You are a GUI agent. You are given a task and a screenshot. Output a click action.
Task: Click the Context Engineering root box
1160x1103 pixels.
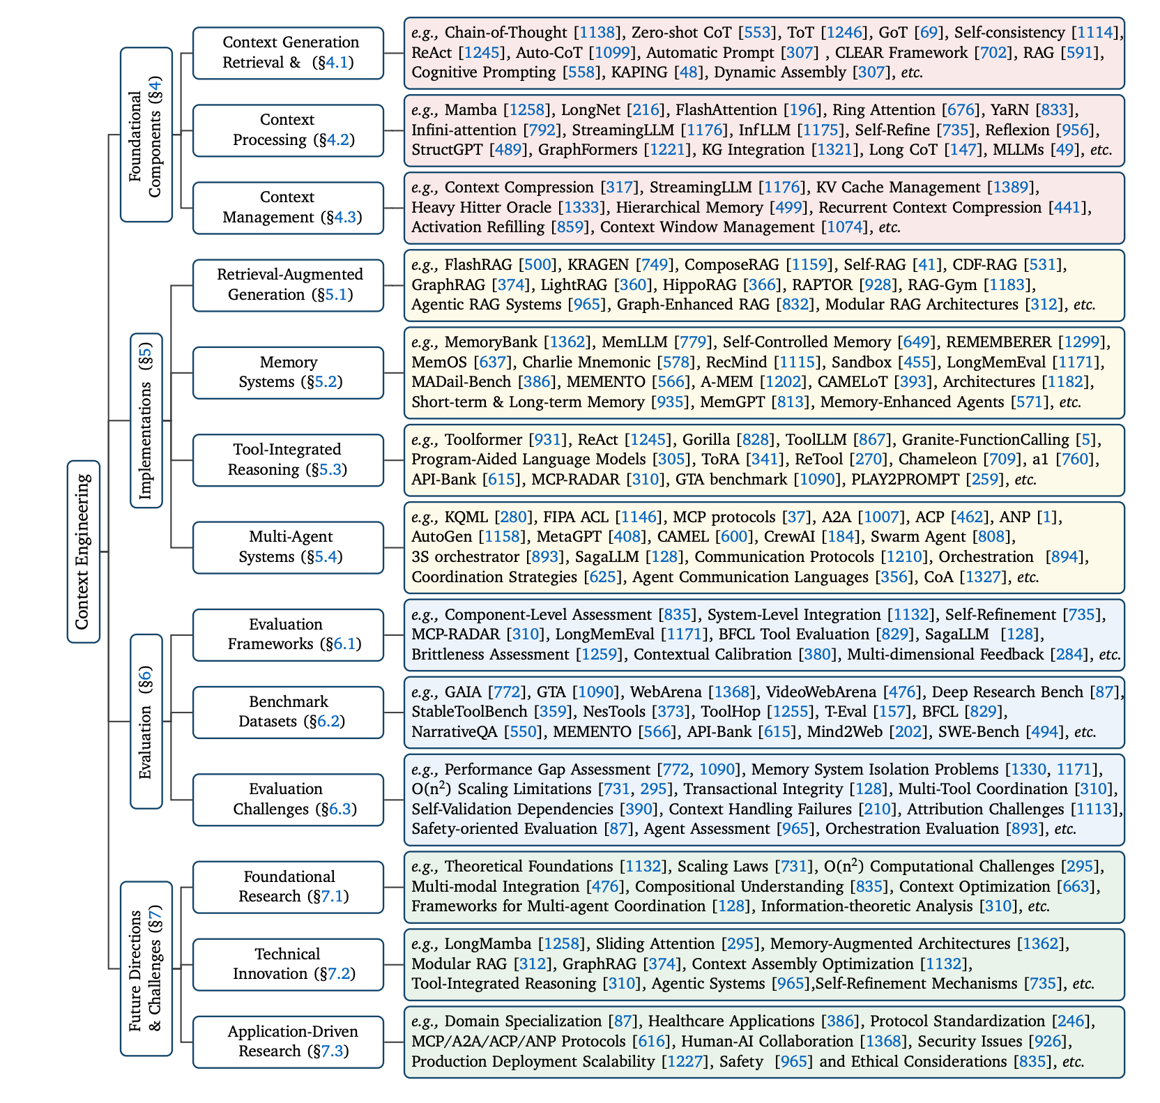pyautogui.click(x=84, y=551)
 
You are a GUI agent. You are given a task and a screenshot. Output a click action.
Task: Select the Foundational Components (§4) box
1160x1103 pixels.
pyautogui.click(x=146, y=135)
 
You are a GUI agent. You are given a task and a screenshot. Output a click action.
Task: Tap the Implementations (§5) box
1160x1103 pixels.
pyautogui.click(x=146, y=420)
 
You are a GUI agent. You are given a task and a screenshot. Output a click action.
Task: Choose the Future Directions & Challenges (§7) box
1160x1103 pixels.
pyautogui.click(x=146, y=968)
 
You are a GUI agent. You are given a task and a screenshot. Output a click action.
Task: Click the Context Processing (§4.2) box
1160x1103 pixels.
pyautogui.click(x=288, y=130)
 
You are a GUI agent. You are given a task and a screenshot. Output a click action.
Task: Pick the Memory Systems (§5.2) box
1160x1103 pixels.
pyautogui.click(x=288, y=372)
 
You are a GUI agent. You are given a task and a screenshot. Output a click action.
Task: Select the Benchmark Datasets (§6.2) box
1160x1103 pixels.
pyautogui.click(x=288, y=712)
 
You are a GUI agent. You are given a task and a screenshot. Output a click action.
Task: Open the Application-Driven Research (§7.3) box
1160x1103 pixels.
pyautogui.click(x=288, y=1042)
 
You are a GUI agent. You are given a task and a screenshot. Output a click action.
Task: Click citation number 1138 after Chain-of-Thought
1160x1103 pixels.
pyautogui.click(x=598, y=33)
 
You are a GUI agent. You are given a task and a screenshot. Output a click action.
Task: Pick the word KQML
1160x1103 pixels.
pyautogui.click(x=466, y=517)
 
